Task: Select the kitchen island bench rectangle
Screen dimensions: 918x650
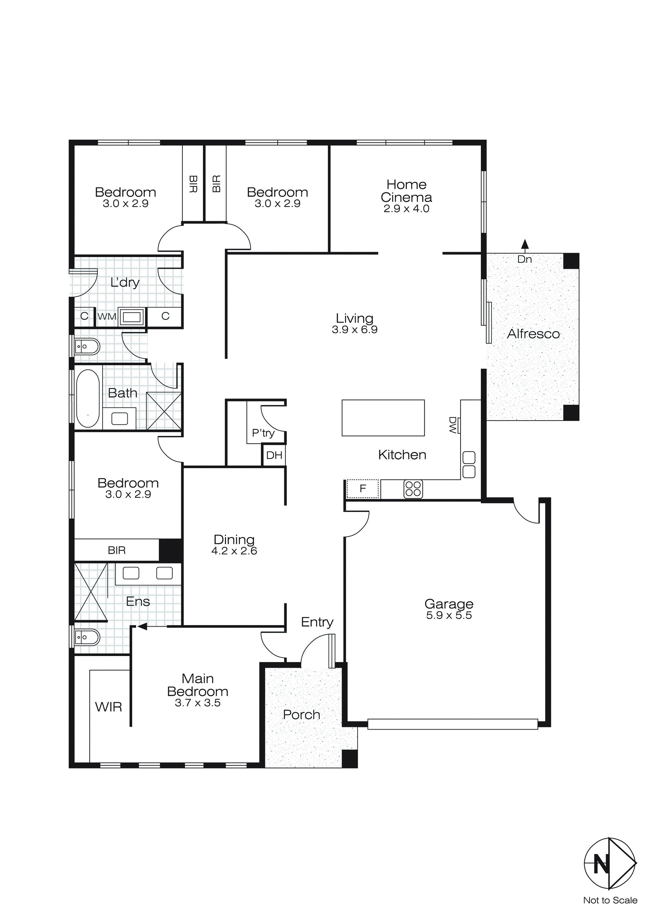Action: click(x=383, y=418)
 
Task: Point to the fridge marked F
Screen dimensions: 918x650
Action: click(x=363, y=489)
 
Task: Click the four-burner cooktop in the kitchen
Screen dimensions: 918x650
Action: click(x=413, y=489)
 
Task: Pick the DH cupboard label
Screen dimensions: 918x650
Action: click(x=274, y=455)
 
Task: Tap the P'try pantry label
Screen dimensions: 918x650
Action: click(x=263, y=433)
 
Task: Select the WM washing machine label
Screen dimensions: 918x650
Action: click(x=107, y=317)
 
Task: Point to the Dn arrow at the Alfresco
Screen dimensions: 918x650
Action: click(x=525, y=243)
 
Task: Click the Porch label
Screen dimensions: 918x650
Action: click(x=301, y=715)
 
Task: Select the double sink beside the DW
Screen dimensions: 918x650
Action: click(x=469, y=465)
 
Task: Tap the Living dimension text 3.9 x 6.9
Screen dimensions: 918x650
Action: click(x=354, y=330)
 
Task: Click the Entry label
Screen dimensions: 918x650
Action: click(x=317, y=622)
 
